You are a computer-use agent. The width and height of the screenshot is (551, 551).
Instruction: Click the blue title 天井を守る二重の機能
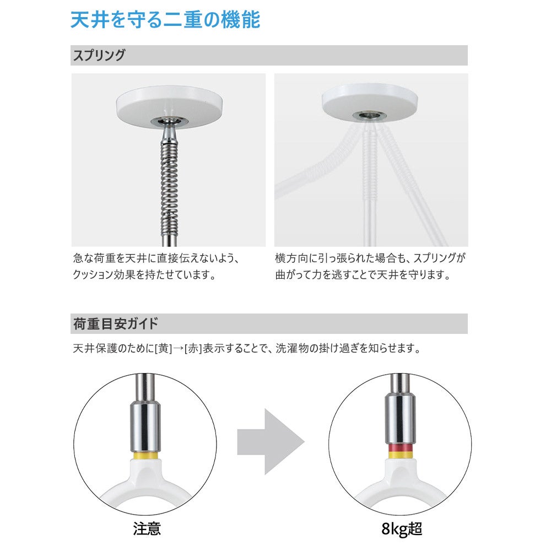pos(165,20)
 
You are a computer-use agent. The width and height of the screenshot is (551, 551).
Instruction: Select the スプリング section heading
pos(99,55)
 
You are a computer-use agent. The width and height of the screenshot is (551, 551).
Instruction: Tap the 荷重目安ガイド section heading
pos(115,323)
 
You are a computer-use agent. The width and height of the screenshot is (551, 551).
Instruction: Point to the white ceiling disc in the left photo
pos(169,107)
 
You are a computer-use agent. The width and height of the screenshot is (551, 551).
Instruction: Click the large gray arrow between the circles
pos(271,441)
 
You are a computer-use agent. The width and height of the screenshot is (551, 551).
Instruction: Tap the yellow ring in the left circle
pos(145,456)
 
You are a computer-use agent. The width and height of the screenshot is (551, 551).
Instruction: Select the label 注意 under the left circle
pos(147,530)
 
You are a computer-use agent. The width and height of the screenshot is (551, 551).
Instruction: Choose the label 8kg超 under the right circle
pos(402,530)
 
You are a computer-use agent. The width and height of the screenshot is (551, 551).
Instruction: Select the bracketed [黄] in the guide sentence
pos(164,349)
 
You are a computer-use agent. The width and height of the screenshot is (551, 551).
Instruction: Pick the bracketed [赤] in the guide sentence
pos(193,349)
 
